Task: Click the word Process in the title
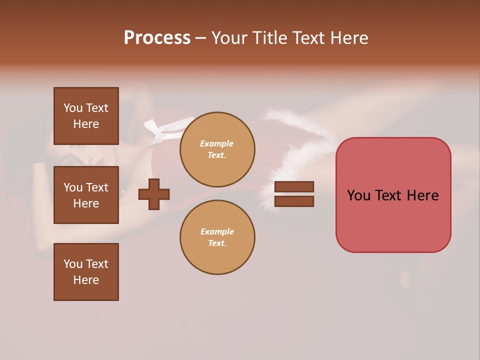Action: pyautogui.click(x=157, y=38)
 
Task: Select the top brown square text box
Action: pyautogui.click(x=86, y=116)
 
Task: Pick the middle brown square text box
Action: pyautogui.click(x=86, y=195)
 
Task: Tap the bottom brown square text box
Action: pyautogui.click(x=86, y=272)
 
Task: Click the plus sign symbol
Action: pyautogui.click(x=154, y=194)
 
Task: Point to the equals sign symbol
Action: pyautogui.click(x=294, y=194)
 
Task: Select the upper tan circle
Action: pyautogui.click(x=217, y=149)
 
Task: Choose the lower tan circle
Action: pyautogui.click(x=217, y=237)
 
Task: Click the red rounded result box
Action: pyautogui.click(x=393, y=195)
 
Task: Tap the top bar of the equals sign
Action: pyautogui.click(x=294, y=187)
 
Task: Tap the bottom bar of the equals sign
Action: pyautogui.click(x=294, y=201)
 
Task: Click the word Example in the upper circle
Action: pyautogui.click(x=216, y=143)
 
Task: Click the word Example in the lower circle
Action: pyautogui.click(x=217, y=231)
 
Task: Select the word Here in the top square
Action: pyautogui.click(x=86, y=124)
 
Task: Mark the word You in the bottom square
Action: pyautogui.click(x=73, y=264)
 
